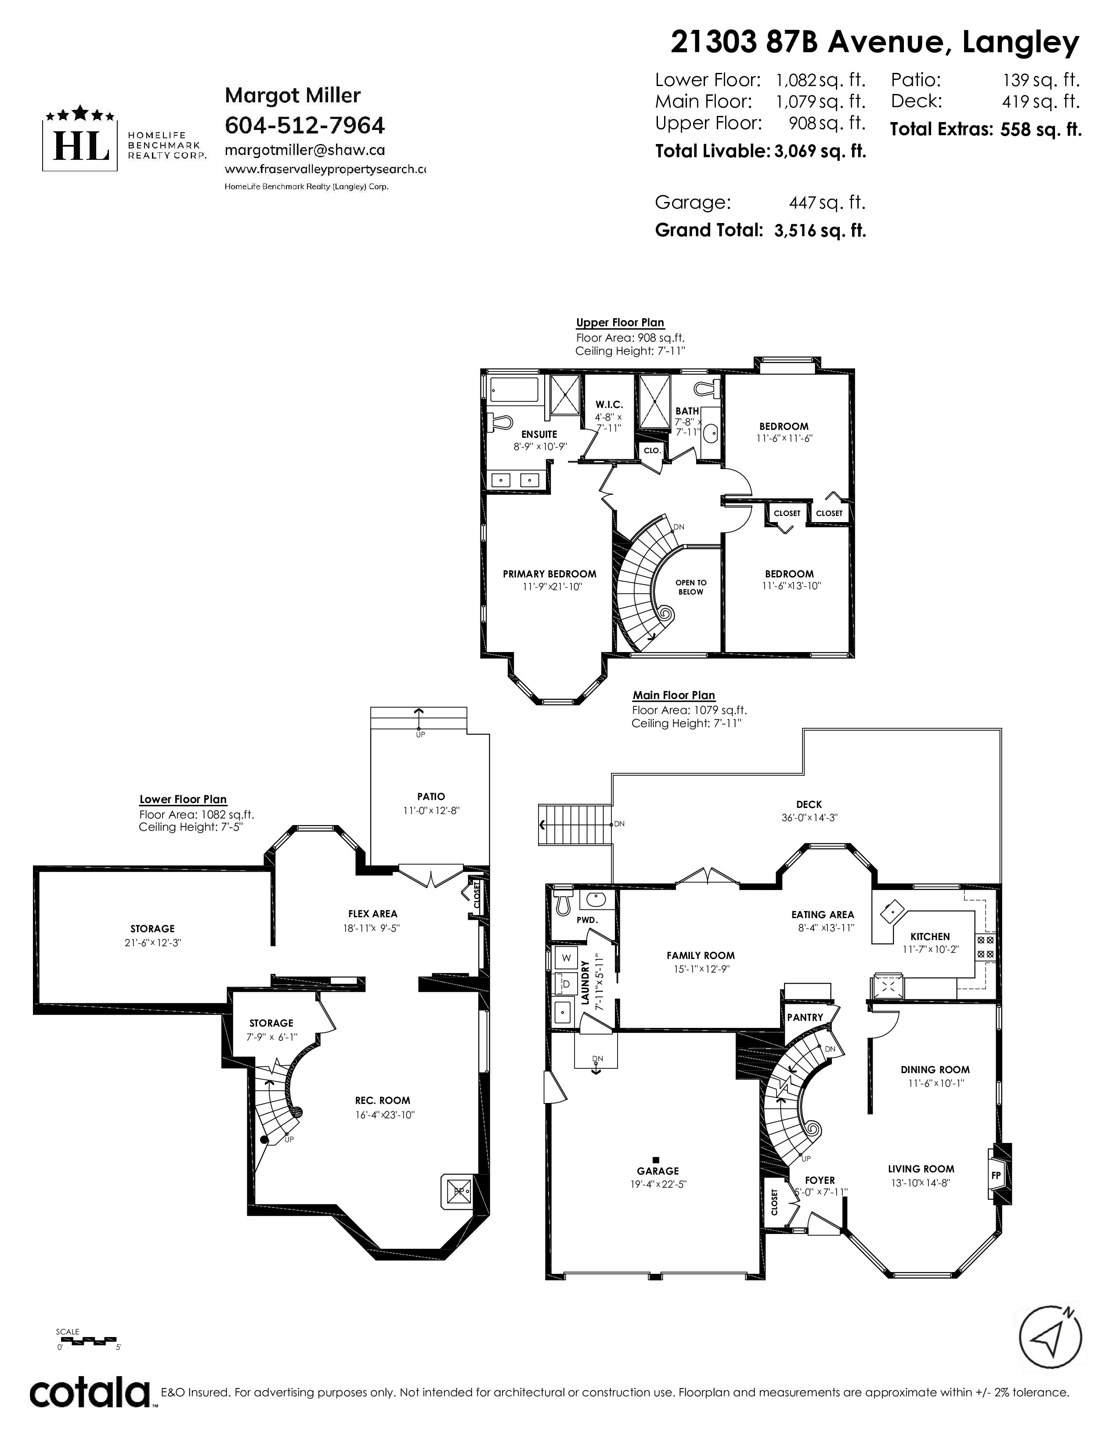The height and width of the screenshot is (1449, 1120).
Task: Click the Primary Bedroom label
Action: [x=549, y=574]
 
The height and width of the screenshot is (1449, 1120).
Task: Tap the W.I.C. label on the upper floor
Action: [x=608, y=405]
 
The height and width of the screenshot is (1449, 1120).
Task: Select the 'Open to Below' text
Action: [x=691, y=587]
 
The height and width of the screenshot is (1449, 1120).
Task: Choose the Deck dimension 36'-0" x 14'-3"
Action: [x=809, y=818]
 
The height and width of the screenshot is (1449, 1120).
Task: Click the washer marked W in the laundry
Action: [x=567, y=957]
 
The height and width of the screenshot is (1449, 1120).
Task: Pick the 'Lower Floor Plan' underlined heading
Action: [x=183, y=800]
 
